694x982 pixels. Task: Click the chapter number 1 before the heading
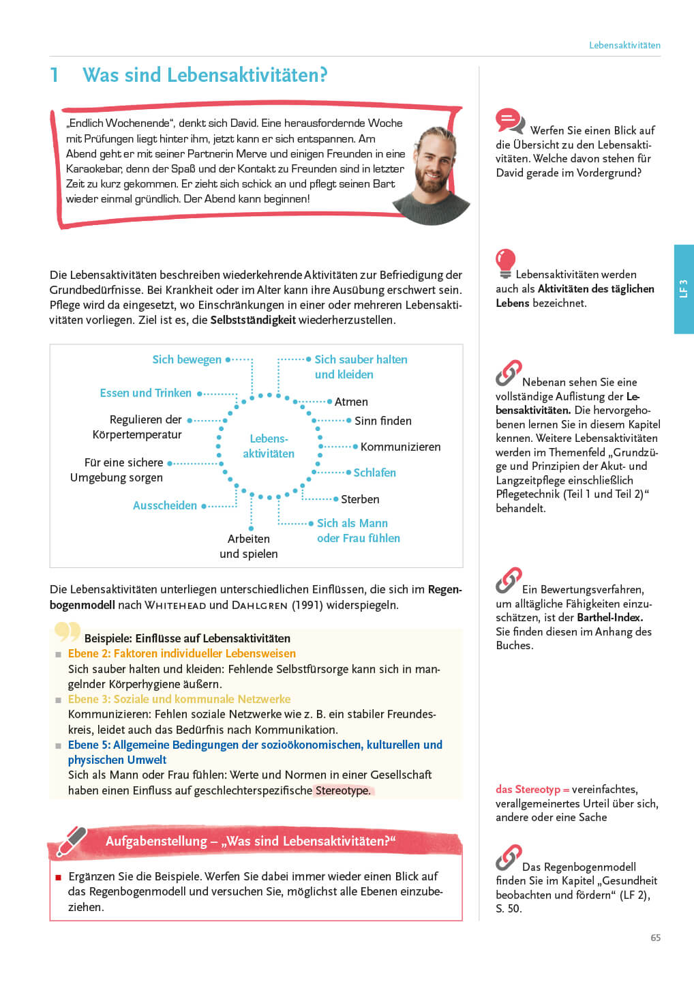point(55,75)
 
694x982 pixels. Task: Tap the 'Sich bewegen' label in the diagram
point(187,359)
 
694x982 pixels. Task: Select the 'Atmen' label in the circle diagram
point(351,402)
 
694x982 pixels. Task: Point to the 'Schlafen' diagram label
point(374,473)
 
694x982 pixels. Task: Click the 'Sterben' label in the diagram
point(360,499)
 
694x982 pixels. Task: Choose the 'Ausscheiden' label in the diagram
point(165,505)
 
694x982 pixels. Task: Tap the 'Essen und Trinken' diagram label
point(146,393)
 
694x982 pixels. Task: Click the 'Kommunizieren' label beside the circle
point(400,447)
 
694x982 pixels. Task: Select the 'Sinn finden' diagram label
point(383,421)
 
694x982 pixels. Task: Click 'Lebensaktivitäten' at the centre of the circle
point(269,446)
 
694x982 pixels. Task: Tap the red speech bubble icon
point(509,121)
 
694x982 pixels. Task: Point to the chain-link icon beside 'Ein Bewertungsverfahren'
point(509,580)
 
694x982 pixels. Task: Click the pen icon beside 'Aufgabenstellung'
point(71,841)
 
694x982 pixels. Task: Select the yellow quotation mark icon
point(67,631)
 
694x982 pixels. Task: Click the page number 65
point(655,938)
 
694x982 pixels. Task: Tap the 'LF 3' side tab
point(684,288)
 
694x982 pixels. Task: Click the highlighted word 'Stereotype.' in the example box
point(343,790)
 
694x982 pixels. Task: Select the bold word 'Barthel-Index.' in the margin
point(609,617)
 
